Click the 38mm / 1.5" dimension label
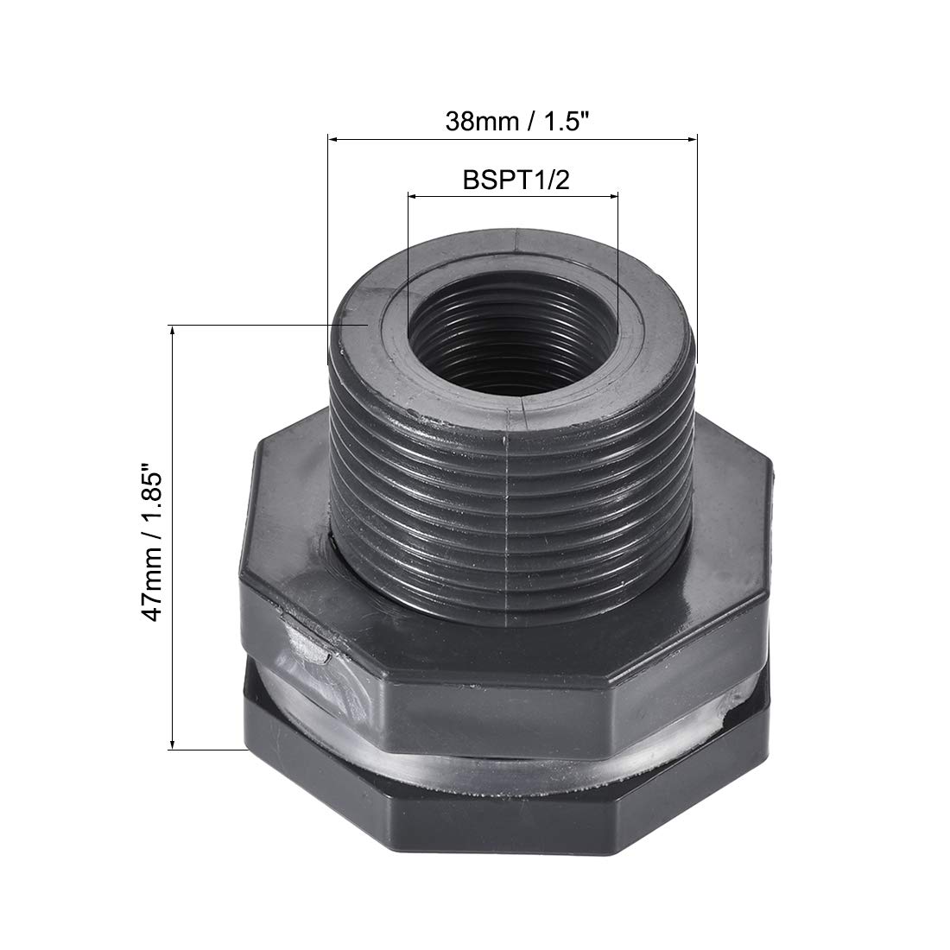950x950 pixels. coord(516,121)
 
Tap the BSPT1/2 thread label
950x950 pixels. coord(516,180)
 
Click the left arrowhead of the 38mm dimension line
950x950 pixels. coord(333,139)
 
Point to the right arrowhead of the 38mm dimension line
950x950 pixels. coord(692,139)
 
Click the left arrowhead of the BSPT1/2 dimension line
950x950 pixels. coord(413,196)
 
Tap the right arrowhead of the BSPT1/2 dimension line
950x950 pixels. coord(612,196)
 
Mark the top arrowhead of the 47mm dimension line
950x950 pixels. coord(173,331)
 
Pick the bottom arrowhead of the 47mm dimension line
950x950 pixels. coord(173,744)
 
